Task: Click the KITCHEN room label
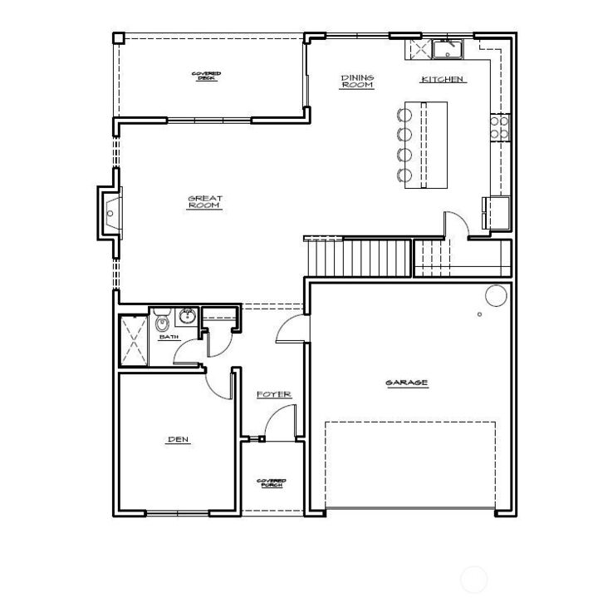pos(443,80)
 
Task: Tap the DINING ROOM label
pos(357,82)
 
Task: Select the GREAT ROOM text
pos(204,202)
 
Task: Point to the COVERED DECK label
pos(206,76)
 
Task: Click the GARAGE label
pos(406,383)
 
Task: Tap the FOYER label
pos(273,394)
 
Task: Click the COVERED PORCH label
pos(271,482)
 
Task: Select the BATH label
pos(169,337)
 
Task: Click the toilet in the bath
pos(163,320)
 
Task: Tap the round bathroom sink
pos(187,316)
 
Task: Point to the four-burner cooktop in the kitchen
pos(501,126)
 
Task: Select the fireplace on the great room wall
pos(110,214)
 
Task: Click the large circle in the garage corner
pos(496,295)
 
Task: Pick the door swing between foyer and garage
pos(291,329)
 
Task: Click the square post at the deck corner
pos(118,37)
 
